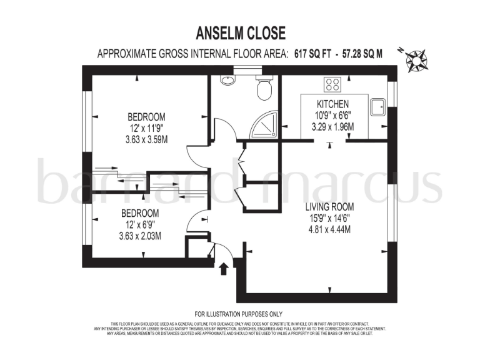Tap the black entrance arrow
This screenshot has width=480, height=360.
(x=224, y=269)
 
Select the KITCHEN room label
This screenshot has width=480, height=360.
(x=332, y=104)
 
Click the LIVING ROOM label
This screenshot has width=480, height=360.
(x=330, y=207)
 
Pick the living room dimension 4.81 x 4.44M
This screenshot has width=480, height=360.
(x=330, y=229)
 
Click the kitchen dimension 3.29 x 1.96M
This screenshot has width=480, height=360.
(x=332, y=127)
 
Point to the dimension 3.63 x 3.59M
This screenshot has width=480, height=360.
(x=147, y=139)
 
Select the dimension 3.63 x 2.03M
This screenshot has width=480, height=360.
(x=140, y=236)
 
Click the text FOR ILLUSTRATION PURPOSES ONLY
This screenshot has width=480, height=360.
(x=239, y=314)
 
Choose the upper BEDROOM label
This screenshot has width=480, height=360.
(x=147, y=117)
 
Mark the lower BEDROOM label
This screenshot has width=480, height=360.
(x=140, y=213)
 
